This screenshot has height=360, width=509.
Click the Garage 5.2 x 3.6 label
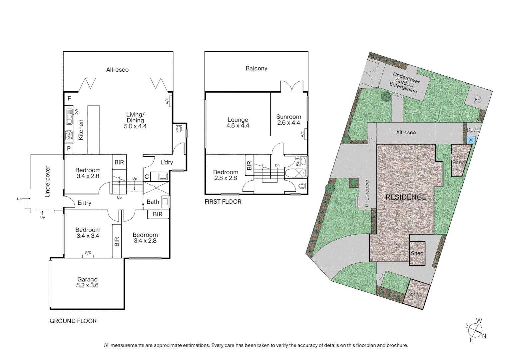click(x=87, y=282)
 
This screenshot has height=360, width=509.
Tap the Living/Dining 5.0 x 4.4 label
click(x=135, y=120)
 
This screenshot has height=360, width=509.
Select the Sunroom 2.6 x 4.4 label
click(x=288, y=120)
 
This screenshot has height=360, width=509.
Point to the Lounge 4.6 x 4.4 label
click(x=238, y=123)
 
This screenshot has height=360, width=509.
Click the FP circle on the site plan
click(x=477, y=99)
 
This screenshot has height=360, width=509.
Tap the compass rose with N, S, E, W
click(x=475, y=330)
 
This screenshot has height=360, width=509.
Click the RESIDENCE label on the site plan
click(x=406, y=197)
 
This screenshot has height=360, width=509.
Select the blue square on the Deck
click(x=471, y=140)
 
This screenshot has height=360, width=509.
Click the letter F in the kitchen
click(x=69, y=99)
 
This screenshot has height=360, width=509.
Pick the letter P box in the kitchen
click(x=69, y=148)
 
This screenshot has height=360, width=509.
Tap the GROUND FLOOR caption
click(x=73, y=321)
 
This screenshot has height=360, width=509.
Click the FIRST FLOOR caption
click(x=223, y=202)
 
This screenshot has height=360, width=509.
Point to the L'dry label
click(x=167, y=162)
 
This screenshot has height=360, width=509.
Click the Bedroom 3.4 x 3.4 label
click(x=88, y=233)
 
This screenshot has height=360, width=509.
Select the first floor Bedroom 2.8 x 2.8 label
click(x=226, y=175)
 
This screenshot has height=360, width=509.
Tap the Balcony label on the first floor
click(x=256, y=68)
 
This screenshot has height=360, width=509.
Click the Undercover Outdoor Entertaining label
click(x=404, y=83)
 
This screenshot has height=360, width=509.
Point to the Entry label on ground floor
click(x=84, y=203)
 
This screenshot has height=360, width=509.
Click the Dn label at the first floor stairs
click(x=277, y=165)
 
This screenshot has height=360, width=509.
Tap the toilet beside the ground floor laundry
click(x=179, y=129)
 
